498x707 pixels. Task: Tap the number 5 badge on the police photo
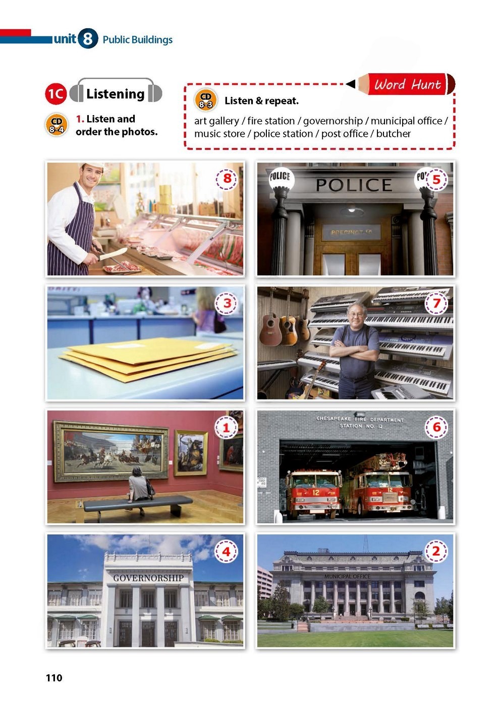pyautogui.click(x=436, y=180)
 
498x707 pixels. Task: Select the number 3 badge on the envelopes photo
pyautogui.click(x=227, y=304)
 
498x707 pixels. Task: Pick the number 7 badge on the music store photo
pyautogui.click(x=436, y=304)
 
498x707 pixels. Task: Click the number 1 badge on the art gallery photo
pyautogui.click(x=226, y=428)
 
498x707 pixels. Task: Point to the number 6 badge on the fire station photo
pyautogui.click(x=436, y=427)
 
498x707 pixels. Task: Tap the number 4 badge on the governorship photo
pyautogui.click(x=226, y=551)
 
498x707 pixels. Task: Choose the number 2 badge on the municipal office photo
pyautogui.click(x=436, y=551)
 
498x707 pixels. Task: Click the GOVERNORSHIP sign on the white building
pyautogui.click(x=148, y=578)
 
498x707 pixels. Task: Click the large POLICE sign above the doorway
pyautogui.click(x=354, y=185)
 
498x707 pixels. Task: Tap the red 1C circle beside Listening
pyautogui.click(x=56, y=94)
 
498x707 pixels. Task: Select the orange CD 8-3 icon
pyautogui.click(x=206, y=100)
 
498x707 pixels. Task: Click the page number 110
pyautogui.click(x=54, y=678)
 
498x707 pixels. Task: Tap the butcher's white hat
pyautogui.click(x=92, y=166)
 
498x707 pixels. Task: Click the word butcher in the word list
pyautogui.click(x=393, y=134)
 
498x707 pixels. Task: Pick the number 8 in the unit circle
pyautogui.click(x=87, y=39)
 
